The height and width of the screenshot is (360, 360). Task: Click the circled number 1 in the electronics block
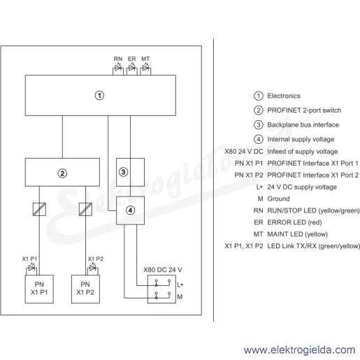[99, 96]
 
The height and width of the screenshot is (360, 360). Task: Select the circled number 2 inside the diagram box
[62, 173]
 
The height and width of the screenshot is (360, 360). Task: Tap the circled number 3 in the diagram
[123, 172]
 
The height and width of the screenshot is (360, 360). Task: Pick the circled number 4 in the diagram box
[130, 210]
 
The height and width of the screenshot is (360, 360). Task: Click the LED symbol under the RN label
[118, 69]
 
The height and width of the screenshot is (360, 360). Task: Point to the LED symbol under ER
[132, 69]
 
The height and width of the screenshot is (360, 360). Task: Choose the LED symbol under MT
[145, 69]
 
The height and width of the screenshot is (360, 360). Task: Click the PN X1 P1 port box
[39, 289]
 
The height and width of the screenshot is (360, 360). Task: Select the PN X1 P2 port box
[85, 289]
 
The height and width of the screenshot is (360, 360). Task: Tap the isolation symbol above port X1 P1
[39, 209]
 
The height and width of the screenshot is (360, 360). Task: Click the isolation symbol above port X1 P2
[85, 209]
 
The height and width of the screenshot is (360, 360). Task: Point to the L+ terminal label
[180, 285]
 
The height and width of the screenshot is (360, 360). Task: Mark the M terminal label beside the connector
[180, 297]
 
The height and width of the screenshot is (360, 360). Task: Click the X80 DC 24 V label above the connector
[163, 270]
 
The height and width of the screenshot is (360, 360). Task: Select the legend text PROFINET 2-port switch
[304, 110]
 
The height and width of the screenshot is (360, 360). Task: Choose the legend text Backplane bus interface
[303, 125]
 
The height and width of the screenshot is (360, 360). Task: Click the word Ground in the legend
[278, 199]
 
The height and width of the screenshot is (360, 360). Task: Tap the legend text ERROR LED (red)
[294, 222]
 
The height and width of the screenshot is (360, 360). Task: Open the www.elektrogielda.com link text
[299, 350]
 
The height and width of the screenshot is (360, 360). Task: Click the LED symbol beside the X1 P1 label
[32, 268]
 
